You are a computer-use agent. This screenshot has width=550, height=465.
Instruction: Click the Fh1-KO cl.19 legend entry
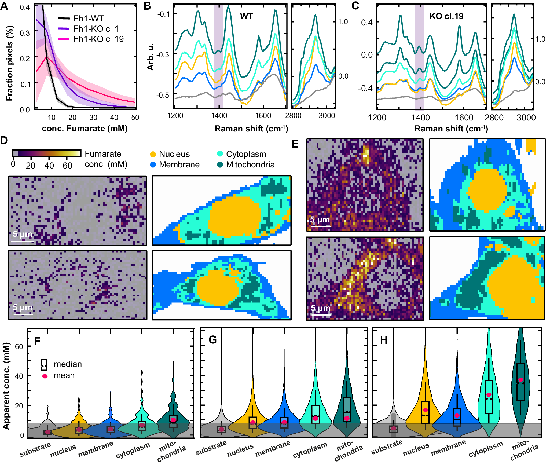pos(98,39)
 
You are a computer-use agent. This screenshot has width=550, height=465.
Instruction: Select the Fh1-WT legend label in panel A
pos(89,19)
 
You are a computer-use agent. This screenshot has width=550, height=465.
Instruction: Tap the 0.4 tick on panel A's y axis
pos(25,7)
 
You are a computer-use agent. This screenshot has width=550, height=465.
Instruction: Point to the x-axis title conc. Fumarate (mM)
pos(85,129)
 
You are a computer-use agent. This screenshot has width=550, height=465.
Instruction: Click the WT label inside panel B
pos(246,16)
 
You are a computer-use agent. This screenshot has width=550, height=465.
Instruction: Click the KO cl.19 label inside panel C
pos(446,16)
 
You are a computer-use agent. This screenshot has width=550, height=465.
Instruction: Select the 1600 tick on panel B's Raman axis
pos(263,116)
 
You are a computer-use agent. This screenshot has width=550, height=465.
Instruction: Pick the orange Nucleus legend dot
pos(153,154)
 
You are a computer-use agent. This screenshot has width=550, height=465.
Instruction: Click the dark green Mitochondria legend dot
pos(220,165)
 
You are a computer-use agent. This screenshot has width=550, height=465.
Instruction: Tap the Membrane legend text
pos(179,165)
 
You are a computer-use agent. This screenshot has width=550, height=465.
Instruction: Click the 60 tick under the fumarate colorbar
pos(67,166)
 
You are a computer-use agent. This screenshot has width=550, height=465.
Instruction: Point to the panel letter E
pos(295,144)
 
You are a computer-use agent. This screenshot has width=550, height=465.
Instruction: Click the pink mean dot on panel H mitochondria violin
pos(521,380)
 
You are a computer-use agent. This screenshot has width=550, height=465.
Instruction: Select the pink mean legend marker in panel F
pos(45,376)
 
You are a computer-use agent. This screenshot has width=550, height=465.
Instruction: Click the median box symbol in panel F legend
pos(44,365)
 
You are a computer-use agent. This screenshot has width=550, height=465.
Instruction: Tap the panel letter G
pos(212,340)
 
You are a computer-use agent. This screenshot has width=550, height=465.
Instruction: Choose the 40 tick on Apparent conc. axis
pos(19,376)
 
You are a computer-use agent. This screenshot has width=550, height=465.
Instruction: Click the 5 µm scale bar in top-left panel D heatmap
pos(23,242)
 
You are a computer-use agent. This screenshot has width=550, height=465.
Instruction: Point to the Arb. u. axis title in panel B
pos(151,57)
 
